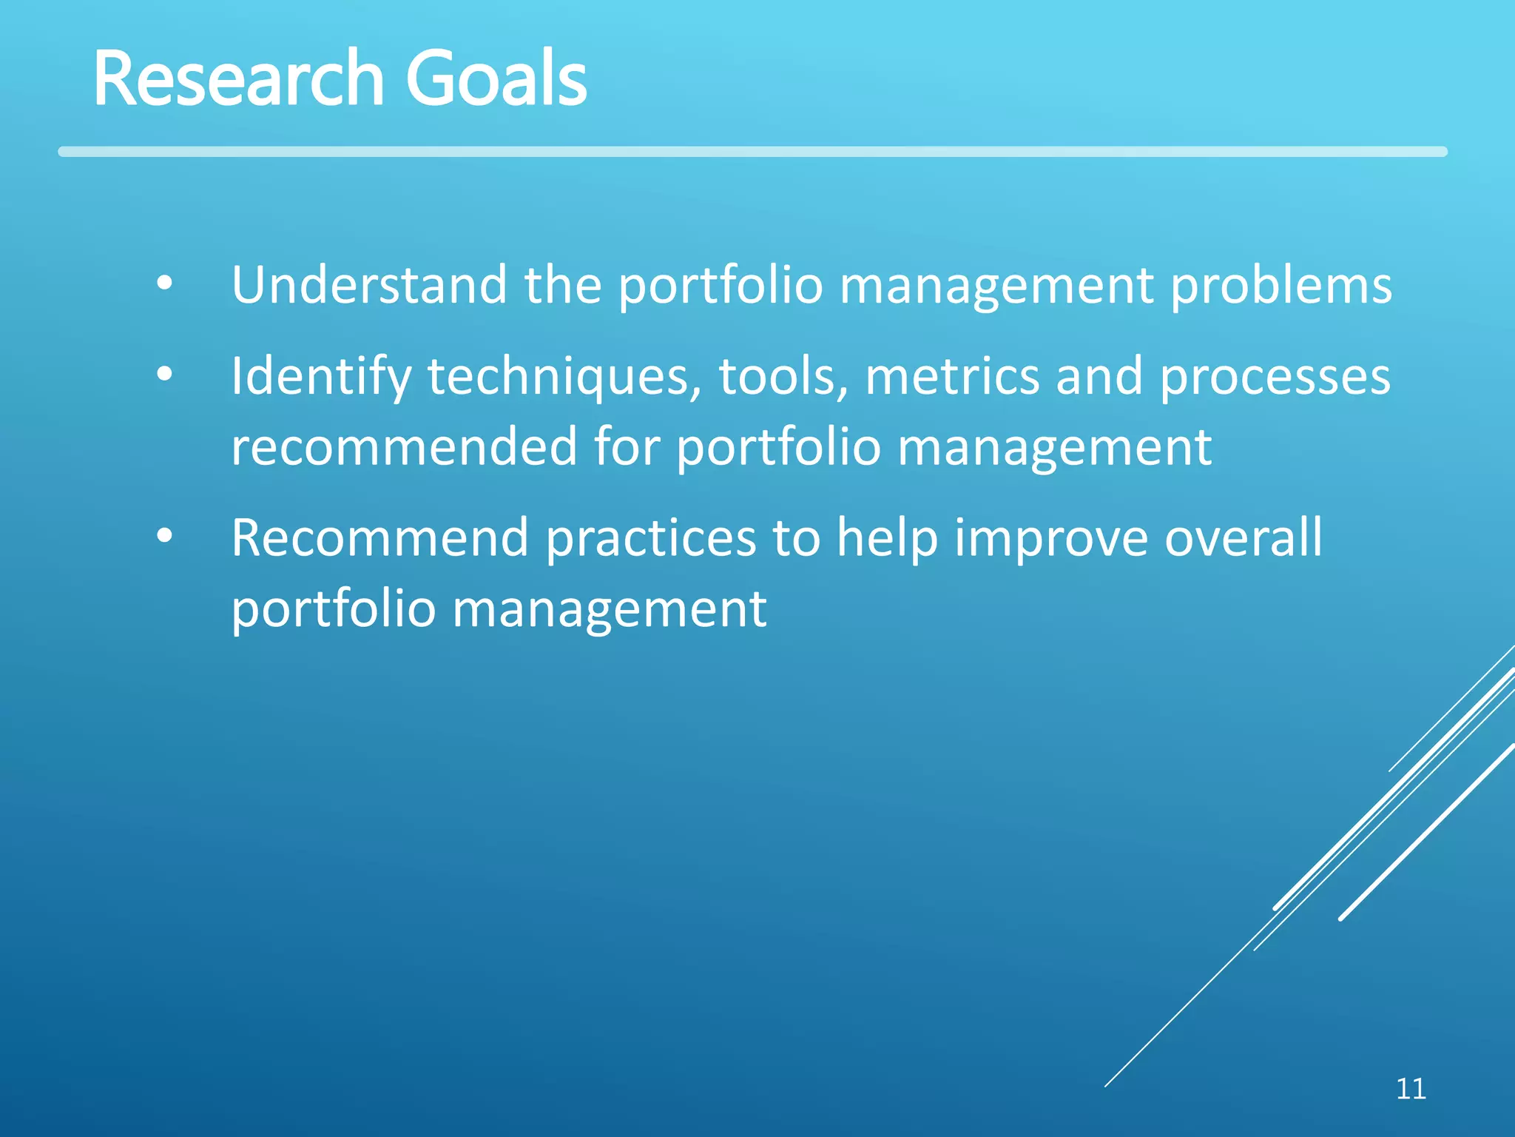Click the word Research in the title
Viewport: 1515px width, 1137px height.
coord(238,78)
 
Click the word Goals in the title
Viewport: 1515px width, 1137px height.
coord(496,78)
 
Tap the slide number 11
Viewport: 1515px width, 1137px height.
coord(1411,1089)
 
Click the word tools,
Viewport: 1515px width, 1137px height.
coord(783,376)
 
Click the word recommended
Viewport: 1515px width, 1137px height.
coord(404,447)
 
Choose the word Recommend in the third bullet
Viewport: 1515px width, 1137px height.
coord(379,538)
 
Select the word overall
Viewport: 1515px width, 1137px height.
coord(1244,537)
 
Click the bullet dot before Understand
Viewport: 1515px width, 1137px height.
coord(164,283)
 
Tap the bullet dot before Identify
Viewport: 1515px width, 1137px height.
coord(164,375)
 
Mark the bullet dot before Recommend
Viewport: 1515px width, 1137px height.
coord(164,536)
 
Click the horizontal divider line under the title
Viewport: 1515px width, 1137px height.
coord(752,152)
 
